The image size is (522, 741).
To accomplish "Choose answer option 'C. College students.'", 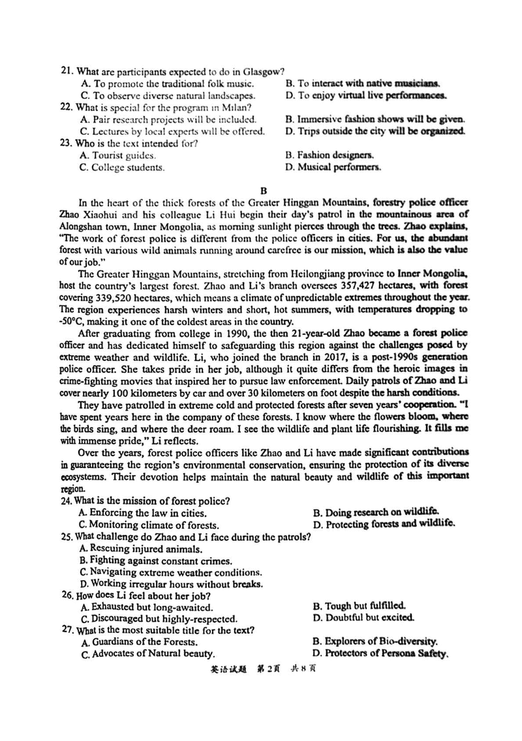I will [122, 167].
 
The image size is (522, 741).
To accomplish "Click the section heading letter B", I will [264, 191].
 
